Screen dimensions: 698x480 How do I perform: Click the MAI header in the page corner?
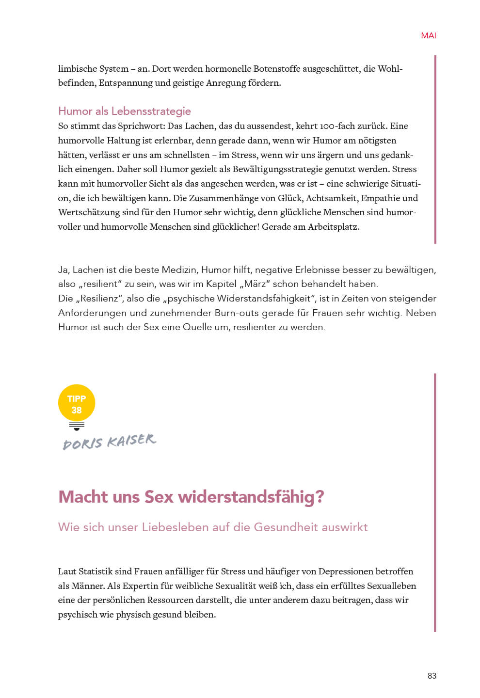(428, 35)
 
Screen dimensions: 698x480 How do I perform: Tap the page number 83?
(432, 676)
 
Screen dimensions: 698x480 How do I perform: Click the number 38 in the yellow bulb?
(77, 410)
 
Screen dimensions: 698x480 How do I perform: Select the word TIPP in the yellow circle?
(77, 399)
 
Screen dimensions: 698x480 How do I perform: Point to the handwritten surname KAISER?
(131, 440)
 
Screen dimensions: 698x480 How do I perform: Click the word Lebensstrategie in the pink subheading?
(151, 111)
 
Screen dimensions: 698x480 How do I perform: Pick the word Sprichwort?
(141, 126)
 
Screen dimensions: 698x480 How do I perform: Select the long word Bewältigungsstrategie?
(277, 169)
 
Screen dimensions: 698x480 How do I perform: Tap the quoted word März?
(255, 284)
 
